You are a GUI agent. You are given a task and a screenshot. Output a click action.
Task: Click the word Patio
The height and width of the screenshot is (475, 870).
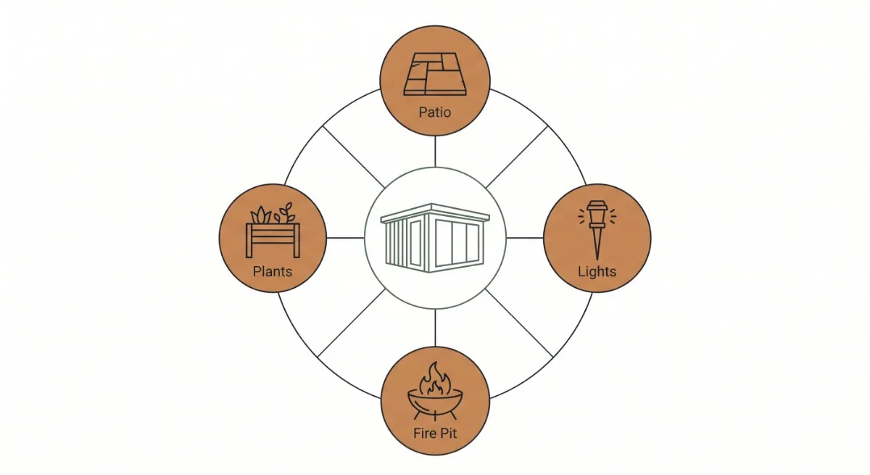coord(434,112)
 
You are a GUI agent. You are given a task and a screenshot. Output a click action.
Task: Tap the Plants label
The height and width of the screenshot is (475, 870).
coord(273,271)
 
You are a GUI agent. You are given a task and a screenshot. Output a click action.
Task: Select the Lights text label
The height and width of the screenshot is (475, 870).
coord(597,271)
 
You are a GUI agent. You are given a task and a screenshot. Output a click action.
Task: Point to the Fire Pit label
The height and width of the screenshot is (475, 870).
coord(435,433)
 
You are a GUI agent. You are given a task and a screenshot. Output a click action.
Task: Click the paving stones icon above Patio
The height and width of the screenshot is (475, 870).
coord(435,74)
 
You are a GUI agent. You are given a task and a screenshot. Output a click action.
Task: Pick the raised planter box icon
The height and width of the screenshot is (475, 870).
coord(273,230)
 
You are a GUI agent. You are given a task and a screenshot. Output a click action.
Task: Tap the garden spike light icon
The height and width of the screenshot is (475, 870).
coord(597,230)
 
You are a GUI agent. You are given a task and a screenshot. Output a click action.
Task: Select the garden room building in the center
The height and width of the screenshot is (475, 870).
coord(435,238)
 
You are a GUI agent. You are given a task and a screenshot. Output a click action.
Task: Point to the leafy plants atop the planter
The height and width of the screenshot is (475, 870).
coord(273,213)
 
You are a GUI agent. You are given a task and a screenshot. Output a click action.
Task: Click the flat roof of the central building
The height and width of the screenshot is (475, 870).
coord(435,212)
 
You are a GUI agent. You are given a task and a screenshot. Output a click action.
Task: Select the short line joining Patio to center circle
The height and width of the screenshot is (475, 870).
coord(435,152)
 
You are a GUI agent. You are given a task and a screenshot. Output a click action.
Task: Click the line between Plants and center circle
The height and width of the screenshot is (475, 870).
coord(345,238)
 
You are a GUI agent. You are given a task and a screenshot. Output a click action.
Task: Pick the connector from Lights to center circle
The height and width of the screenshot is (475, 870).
coord(525,238)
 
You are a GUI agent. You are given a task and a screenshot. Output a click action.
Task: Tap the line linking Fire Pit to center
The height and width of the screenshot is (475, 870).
coord(435,328)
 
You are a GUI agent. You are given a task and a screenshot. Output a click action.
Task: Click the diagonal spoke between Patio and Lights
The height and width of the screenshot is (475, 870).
coord(517,157)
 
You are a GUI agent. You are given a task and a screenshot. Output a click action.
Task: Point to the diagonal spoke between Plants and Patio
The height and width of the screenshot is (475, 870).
coord(354,157)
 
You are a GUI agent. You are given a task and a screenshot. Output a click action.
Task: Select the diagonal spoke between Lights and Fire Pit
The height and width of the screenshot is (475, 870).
coord(519,323)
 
